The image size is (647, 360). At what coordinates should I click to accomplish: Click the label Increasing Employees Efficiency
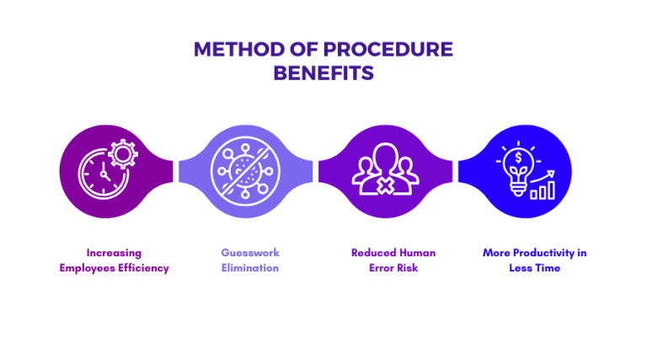tap(115, 260)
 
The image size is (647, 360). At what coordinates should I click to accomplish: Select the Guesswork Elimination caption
tap(249, 260)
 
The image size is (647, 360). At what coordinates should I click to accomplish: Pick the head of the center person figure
tap(384, 156)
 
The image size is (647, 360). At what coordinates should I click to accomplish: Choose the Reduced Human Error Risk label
tap(384, 260)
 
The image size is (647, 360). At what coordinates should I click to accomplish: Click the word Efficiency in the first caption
tap(144, 268)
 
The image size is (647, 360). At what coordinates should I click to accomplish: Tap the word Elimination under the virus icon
tap(249, 268)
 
